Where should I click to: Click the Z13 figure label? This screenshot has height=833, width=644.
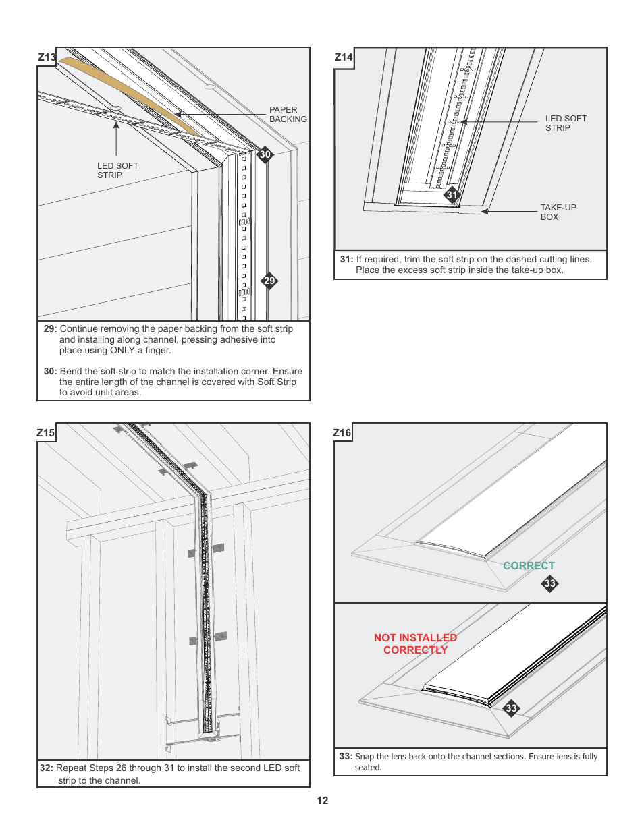point(47,57)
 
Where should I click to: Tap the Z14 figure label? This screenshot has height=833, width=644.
point(344,57)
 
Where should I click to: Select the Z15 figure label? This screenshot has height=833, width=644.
point(46,433)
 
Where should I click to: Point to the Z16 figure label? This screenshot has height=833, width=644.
point(342,433)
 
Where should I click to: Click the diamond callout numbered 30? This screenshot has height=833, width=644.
point(265,154)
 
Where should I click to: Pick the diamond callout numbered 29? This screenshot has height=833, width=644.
point(269,281)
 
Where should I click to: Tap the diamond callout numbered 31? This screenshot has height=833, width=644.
point(452,195)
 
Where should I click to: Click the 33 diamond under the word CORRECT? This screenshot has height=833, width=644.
point(550,583)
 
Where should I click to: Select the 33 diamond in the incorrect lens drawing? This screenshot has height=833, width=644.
point(511,708)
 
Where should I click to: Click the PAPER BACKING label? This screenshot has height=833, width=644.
point(288,115)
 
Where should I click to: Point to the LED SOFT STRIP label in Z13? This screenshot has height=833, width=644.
point(117,171)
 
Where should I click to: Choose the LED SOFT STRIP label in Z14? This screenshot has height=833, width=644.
point(566,123)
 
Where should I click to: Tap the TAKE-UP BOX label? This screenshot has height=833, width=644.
point(558,212)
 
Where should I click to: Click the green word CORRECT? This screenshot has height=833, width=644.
point(529,566)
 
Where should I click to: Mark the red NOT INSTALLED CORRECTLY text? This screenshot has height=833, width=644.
point(415,643)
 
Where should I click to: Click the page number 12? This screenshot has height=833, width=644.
point(323,801)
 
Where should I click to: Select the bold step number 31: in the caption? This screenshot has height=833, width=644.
point(346,260)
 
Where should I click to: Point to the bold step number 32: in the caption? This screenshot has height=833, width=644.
point(46,768)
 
